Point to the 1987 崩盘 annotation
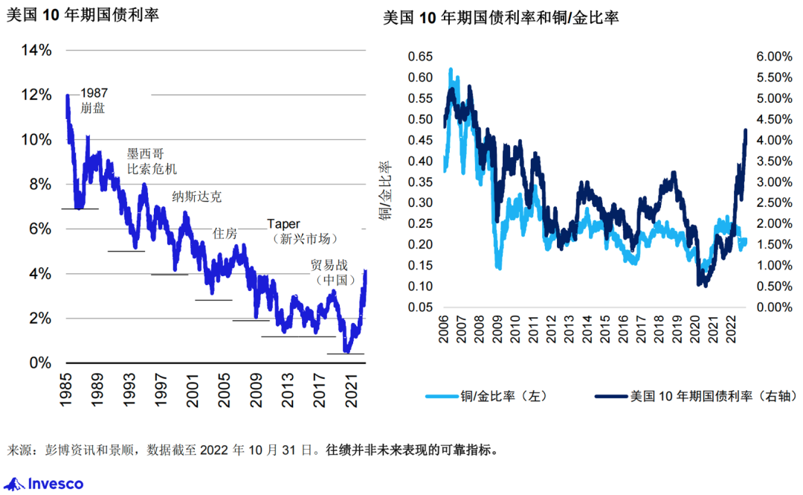coord(94,100)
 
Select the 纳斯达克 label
coord(196,197)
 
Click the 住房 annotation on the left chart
coord(225,234)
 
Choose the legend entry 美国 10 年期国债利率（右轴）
coord(680,397)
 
